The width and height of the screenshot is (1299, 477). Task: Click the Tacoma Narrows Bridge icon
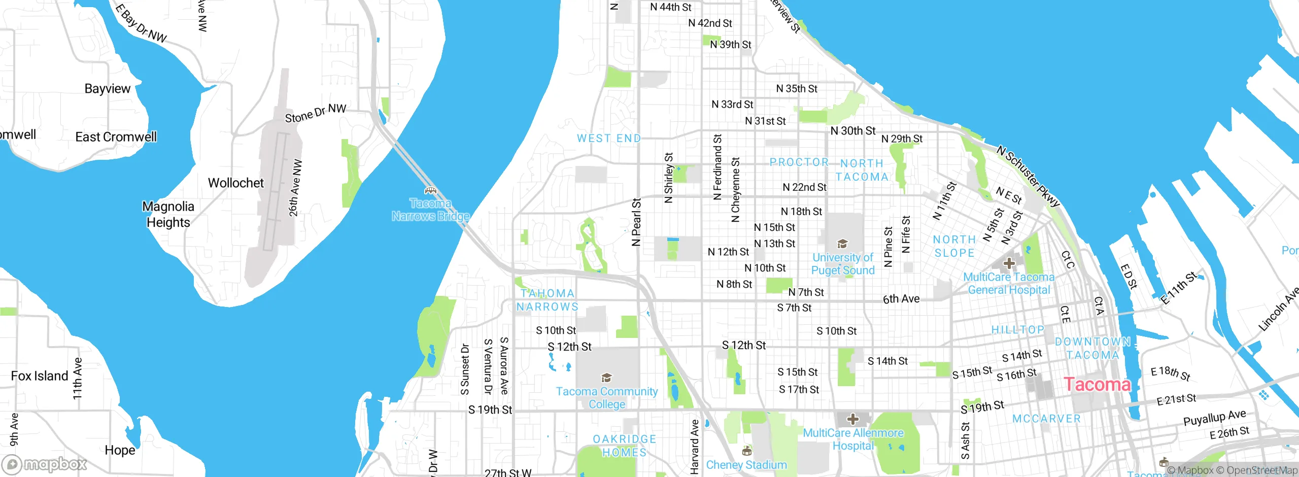[430, 191]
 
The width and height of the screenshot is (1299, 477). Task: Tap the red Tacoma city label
[1097, 384]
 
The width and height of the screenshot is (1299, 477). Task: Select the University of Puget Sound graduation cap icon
[842, 244]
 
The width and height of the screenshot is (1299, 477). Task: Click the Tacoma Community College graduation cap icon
[606, 378]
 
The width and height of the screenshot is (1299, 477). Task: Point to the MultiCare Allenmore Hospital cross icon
[853, 419]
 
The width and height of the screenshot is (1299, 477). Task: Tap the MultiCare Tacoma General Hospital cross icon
[1009, 263]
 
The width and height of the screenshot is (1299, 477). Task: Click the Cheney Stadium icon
[746, 451]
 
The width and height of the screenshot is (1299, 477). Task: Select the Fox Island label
[40, 376]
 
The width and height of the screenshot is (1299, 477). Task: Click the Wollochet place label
[236, 183]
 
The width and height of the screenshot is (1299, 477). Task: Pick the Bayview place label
[108, 89]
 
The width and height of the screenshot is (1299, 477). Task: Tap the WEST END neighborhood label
[609, 139]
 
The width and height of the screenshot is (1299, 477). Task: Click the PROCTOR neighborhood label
[799, 162]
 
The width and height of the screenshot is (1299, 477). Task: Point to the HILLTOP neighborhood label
[1018, 330]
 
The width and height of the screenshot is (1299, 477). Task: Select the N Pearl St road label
[636, 222]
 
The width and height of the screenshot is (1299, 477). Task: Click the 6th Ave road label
[901, 299]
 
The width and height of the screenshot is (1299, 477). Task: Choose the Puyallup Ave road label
[1214, 418]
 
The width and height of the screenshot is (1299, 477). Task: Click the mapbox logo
[44, 464]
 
